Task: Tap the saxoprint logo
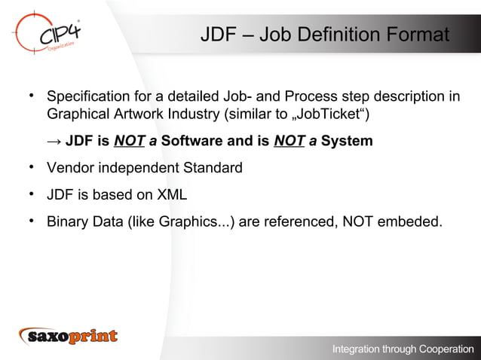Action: (69, 336)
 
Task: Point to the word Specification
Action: (91, 98)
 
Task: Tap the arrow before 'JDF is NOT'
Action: (54, 142)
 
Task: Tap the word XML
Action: (169, 195)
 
